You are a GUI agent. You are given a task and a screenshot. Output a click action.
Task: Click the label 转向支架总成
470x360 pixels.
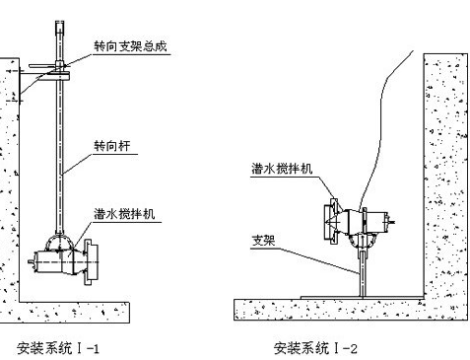click(130, 46)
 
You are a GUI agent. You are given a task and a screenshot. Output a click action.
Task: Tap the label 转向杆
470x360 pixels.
click(112, 146)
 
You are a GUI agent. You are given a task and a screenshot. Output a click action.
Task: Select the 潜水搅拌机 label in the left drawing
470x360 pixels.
click(124, 214)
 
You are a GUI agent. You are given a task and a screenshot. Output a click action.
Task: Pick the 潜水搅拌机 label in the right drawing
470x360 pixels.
click(282, 169)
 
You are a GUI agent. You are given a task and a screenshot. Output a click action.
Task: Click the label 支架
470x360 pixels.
click(263, 241)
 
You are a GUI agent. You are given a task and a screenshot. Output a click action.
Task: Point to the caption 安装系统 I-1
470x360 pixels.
click(58, 348)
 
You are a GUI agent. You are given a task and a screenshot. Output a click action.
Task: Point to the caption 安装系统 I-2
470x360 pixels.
click(315, 348)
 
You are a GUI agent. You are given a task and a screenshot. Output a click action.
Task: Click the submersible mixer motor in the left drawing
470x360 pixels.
click(49, 261)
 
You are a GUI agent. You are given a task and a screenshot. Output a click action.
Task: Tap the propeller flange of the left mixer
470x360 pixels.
click(91, 261)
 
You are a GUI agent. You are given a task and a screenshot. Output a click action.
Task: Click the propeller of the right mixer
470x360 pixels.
click(331, 221)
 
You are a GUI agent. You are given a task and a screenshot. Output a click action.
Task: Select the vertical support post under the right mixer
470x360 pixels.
click(363, 273)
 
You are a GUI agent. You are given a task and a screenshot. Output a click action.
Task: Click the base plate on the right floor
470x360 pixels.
click(362, 298)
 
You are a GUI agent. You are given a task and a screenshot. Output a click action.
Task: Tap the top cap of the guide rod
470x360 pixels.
click(59, 26)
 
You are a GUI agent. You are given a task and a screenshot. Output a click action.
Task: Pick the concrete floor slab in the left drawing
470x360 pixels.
click(65, 313)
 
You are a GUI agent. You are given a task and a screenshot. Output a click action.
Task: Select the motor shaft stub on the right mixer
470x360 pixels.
click(391, 222)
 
